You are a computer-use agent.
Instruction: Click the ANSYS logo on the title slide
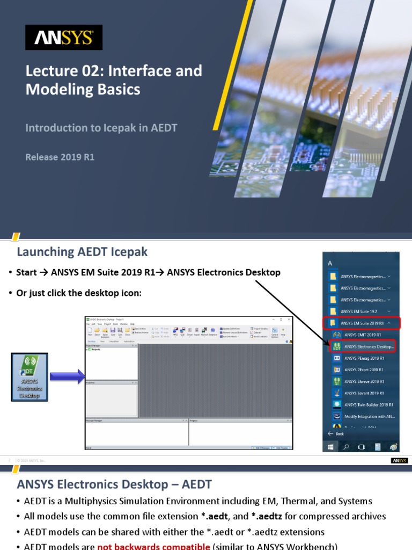pyautogui.click(x=64, y=37)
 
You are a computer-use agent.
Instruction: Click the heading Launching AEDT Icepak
pyautogui.click(x=82, y=251)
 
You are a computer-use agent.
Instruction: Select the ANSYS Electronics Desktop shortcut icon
pyautogui.click(x=30, y=377)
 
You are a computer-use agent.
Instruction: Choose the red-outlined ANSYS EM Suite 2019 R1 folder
pyautogui.click(x=361, y=323)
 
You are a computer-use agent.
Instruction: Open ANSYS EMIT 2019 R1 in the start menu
pyautogui.click(x=363, y=335)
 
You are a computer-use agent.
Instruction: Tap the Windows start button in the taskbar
pyautogui.click(x=330, y=446)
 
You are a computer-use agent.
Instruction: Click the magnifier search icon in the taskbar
pyautogui.click(x=346, y=446)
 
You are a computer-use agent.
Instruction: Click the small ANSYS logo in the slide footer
pyautogui.click(x=399, y=460)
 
